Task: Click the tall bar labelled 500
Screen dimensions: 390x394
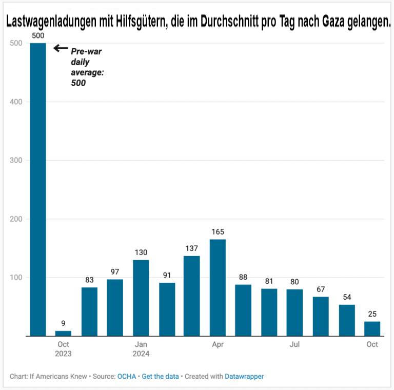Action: (38, 190)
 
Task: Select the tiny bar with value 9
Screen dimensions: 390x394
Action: (63, 334)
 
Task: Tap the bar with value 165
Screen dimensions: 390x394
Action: (218, 287)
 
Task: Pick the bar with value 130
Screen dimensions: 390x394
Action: (141, 298)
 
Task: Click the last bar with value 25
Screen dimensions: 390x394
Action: (372, 329)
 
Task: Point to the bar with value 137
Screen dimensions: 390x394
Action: (191, 296)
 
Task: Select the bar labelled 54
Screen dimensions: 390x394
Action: (346, 320)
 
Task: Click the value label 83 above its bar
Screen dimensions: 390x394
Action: (89, 280)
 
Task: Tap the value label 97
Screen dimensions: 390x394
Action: (114, 272)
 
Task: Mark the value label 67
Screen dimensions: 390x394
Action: (321, 289)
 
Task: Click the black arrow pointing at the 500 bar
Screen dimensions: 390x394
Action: (61, 48)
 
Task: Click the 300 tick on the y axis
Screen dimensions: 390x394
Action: (16, 161)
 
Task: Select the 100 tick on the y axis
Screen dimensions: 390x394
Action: (16, 278)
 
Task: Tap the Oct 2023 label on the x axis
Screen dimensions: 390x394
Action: (64, 349)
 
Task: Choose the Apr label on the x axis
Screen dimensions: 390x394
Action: (218, 344)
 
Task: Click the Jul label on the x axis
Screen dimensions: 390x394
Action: (294, 344)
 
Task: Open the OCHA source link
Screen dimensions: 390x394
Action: (127, 376)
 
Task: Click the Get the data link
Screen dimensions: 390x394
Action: (160, 376)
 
